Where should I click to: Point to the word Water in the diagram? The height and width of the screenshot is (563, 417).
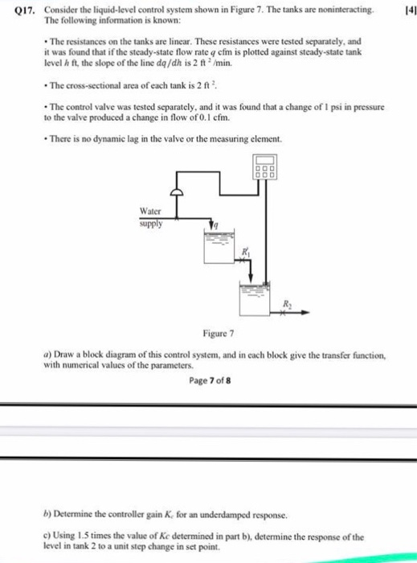pyautogui.click(x=152, y=212)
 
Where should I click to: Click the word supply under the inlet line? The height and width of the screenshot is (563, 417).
pyautogui.click(x=151, y=224)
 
